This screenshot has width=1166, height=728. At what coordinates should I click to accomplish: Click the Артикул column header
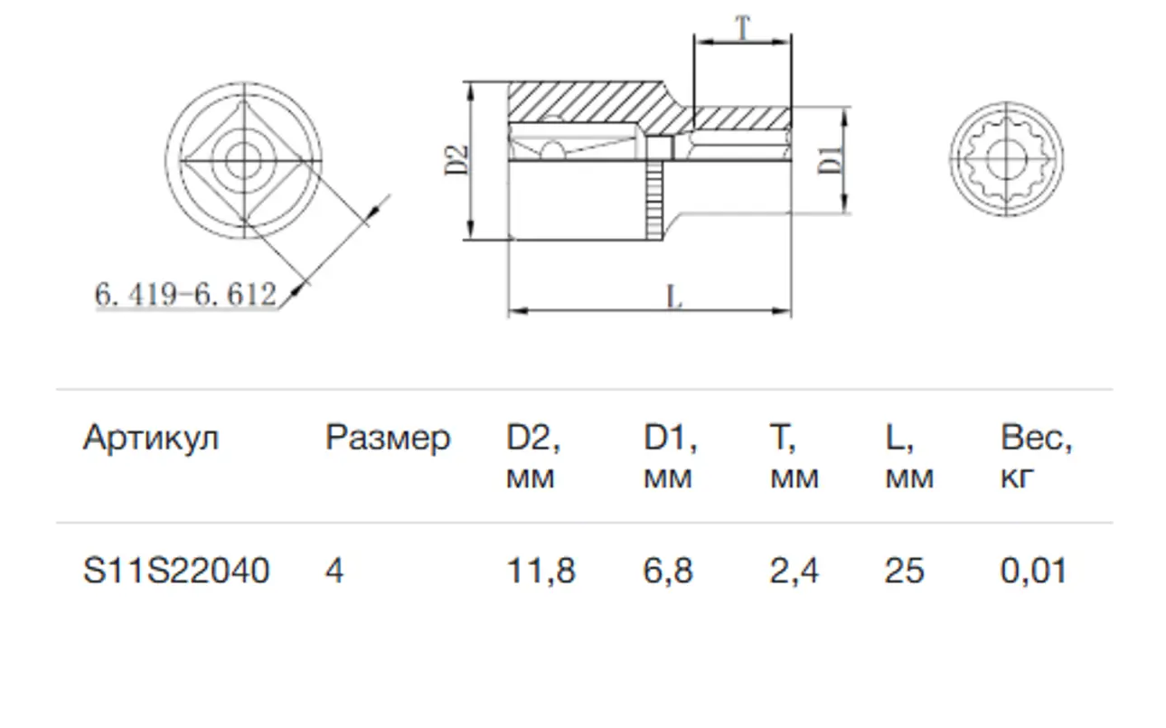pyautogui.click(x=151, y=438)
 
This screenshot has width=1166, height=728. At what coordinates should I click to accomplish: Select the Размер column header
pyautogui.click(x=388, y=439)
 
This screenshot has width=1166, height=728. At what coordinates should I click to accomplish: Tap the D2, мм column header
pyautogui.click(x=533, y=457)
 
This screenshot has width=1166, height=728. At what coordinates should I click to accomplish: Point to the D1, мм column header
pyautogui.click(x=670, y=457)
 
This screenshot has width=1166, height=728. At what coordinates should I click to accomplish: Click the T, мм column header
pyautogui.click(x=795, y=457)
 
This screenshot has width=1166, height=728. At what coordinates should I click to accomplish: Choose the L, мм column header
pyautogui.click(x=909, y=457)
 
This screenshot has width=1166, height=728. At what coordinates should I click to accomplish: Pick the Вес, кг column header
pyautogui.click(x=1036, y=457)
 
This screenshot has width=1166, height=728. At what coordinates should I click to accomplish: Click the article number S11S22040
pyautogui.click(x=176, y=571)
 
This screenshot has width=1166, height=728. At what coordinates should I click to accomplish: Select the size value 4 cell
pyautogui.click(x=334, y=571)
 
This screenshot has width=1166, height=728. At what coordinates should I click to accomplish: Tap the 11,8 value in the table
pyautogui.click(x=541, y=572)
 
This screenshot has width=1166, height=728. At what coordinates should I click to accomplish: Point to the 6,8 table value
pyautogui.click(x=668, y=572)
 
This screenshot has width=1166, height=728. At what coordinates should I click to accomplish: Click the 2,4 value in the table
pyautogui.click(x=795, y=572)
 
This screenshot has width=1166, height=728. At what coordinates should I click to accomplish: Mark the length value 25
pyautogui.click(x=905, y=571)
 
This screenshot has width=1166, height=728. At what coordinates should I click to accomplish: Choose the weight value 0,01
pyautogui.click(x=1034, y=572)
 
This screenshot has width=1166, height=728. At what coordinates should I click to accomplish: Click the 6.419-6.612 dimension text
pyautogui.click(x=185, y=294)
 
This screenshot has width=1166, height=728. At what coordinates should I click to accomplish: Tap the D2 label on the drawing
pyautogui.click(x=457, y=160)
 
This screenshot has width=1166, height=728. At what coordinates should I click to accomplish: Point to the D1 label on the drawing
pyautogui.click(x=830, y=160)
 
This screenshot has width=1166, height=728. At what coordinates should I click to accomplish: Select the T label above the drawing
pyautogui.click(x=743, y=27)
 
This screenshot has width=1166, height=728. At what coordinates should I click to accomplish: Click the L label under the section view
pyautogui.click(x=674, y=298)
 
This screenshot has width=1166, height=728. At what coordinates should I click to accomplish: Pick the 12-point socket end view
pyautogui.click(x=1006, y=159)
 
